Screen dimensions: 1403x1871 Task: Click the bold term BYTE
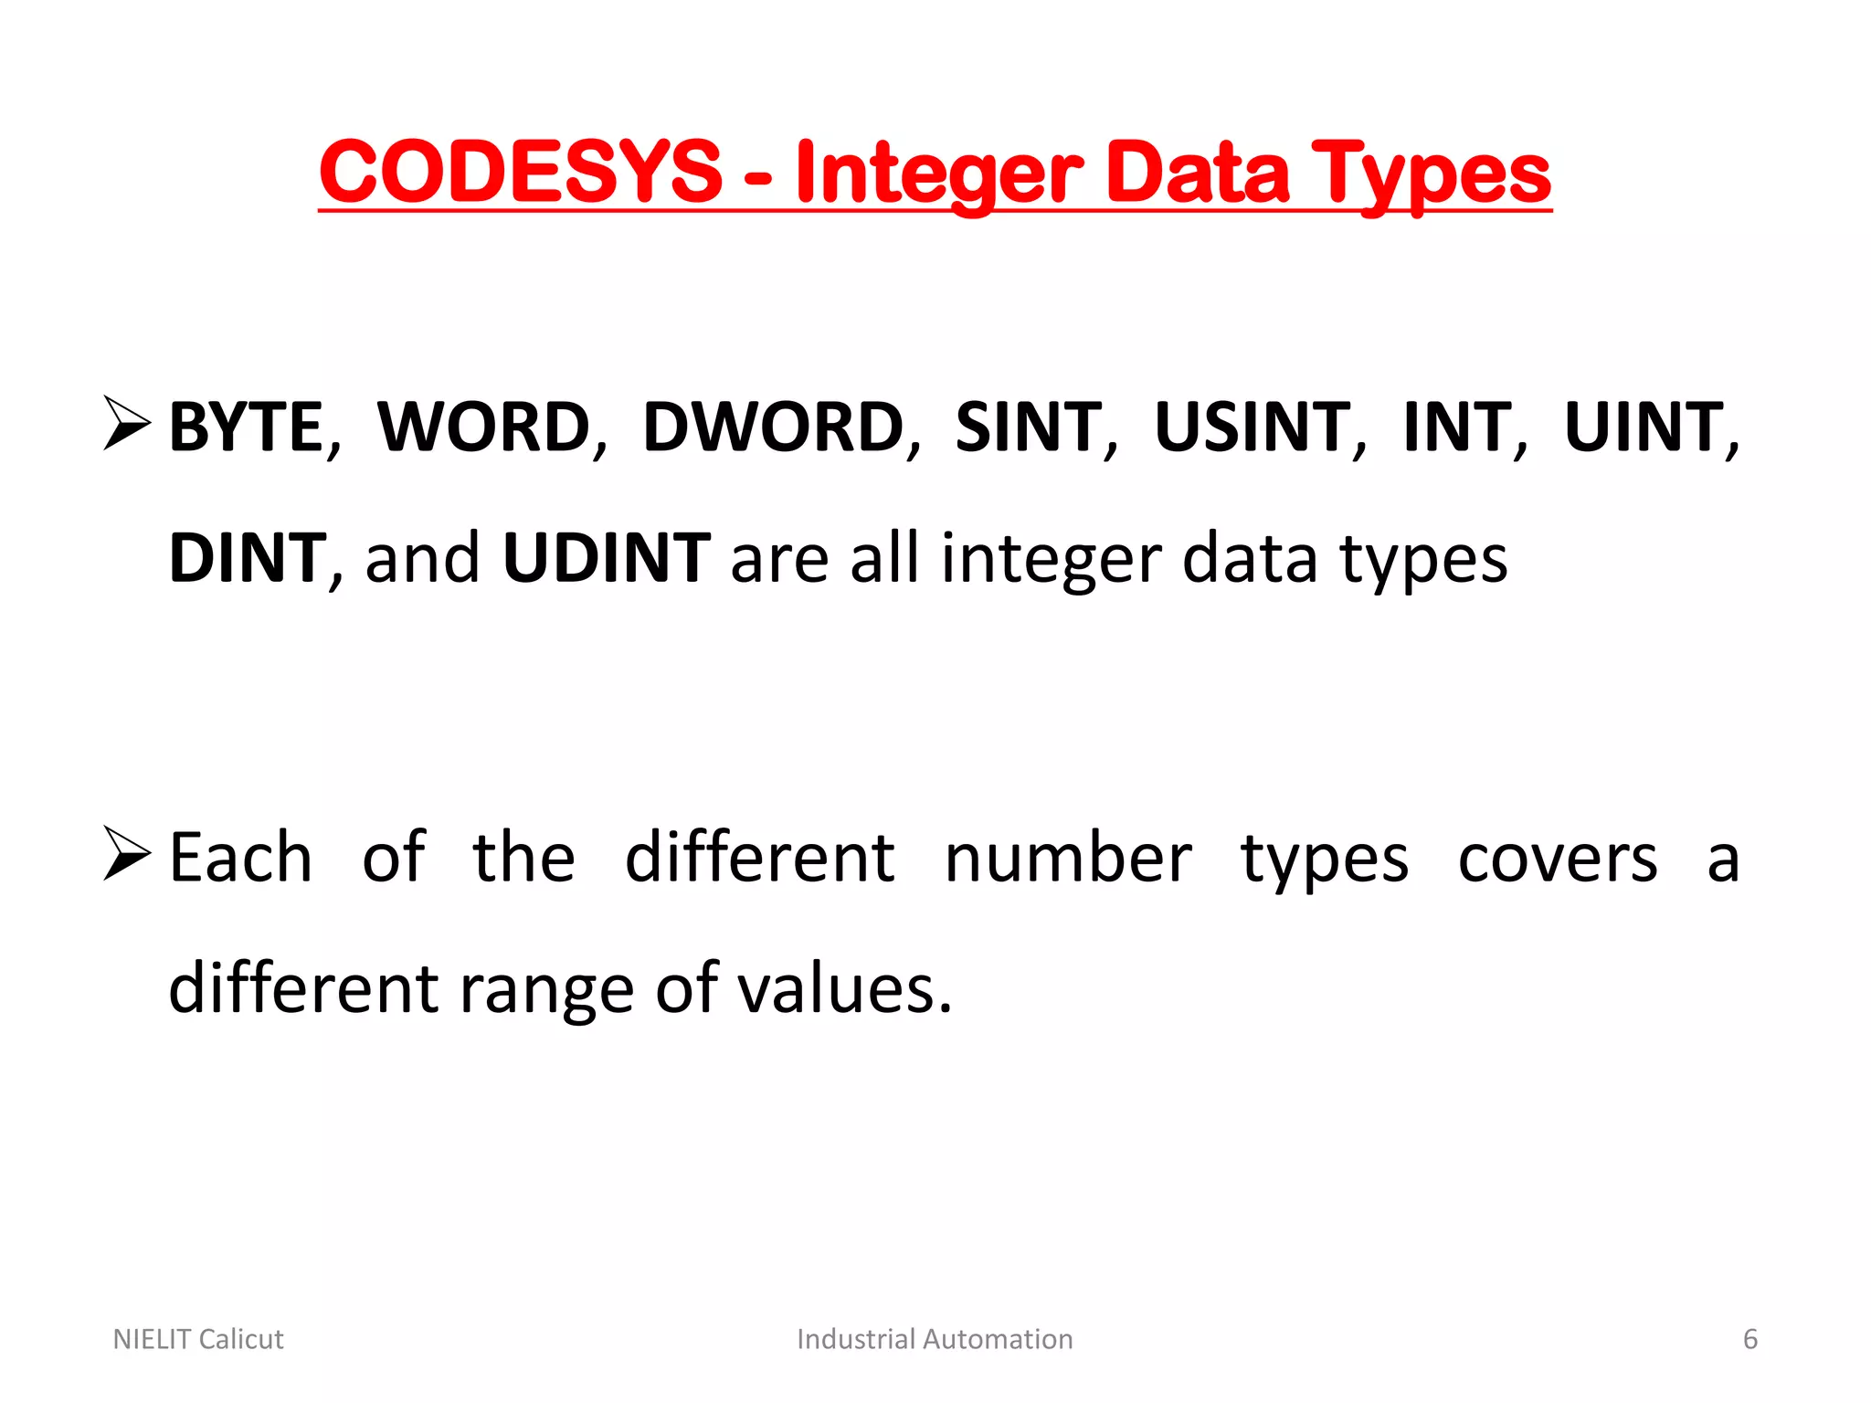(247, 427)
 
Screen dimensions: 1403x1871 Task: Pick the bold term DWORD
(773, 427)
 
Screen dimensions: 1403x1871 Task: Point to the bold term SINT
(1029, 427)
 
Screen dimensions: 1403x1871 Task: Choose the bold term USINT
(1253, 427)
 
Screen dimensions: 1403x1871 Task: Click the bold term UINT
(1644, 427)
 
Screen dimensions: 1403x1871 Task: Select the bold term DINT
(247, 558)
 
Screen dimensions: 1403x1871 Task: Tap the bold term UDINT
(607, 558)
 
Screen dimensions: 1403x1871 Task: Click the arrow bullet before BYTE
(127, 423)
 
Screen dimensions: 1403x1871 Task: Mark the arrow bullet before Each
(127, 853)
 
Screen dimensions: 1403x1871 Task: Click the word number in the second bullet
(1068, 859)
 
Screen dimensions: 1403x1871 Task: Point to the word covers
(1558, 859)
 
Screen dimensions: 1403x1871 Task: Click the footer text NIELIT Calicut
(198, 1339)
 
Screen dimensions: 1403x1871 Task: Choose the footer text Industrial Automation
(935, 1339)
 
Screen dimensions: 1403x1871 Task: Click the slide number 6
(1750, 1339)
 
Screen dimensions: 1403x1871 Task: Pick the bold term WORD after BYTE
(484, 427)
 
